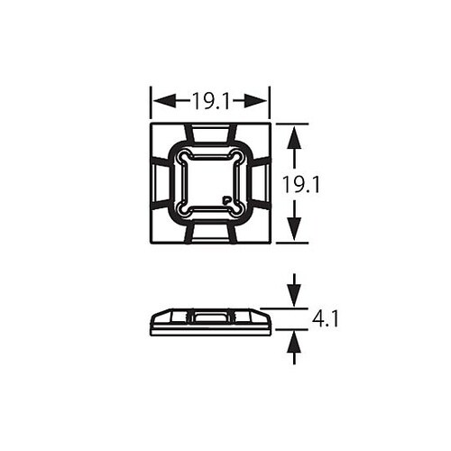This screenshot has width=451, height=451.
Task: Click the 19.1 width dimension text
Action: tap(210, 99)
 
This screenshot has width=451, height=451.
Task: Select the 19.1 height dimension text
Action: tap(302, 184)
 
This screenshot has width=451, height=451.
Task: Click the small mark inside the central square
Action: tap(225, 198)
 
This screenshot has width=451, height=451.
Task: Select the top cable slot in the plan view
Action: tap(210, 134)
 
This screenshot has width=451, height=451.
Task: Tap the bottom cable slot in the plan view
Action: tap(210, 234)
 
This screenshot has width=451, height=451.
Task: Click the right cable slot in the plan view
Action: tap(260, 184)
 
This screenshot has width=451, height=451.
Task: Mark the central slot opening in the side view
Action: tap(210, 317)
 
